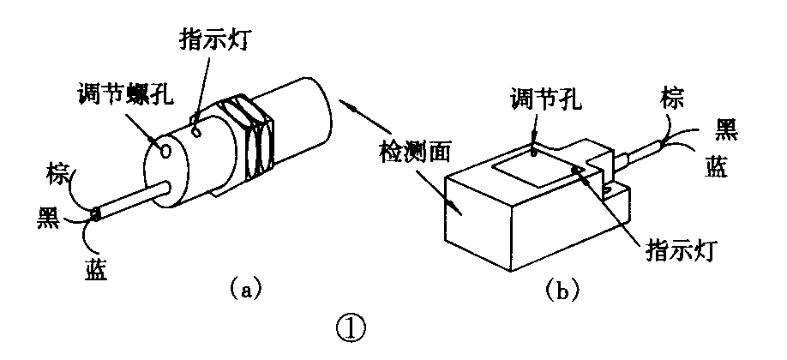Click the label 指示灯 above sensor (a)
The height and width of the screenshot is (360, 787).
218,41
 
